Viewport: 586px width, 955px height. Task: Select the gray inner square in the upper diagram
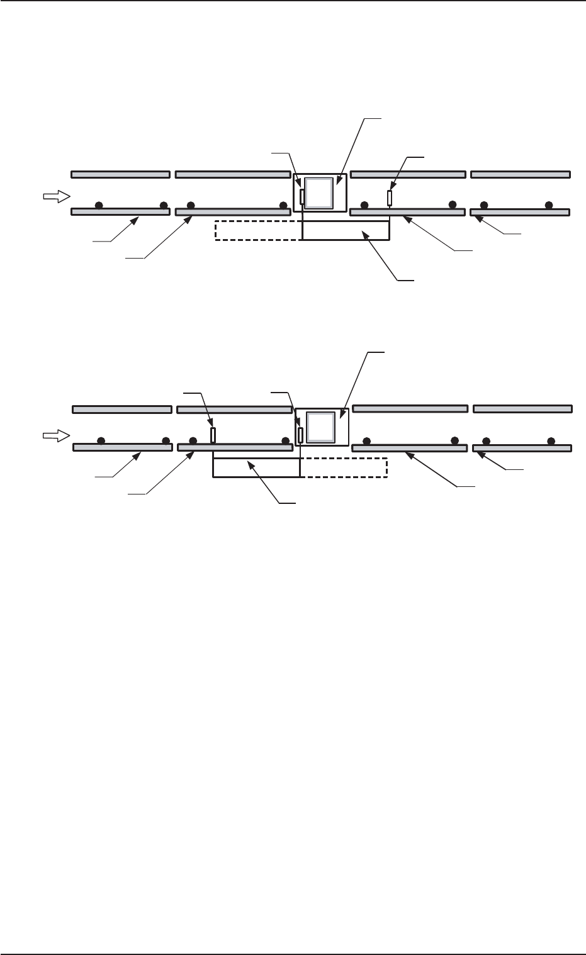coord(318,193)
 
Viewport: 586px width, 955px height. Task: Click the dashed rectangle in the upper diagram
coord(258,231)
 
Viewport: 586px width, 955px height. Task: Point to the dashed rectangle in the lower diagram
coord(343,467)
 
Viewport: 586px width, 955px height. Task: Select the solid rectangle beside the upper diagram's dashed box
coord(346,231)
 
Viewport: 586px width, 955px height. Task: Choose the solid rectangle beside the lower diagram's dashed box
coord(256,467)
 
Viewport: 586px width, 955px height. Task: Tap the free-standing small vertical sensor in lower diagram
coord(213,435)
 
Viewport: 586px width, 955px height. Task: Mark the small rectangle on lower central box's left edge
coord(301,435)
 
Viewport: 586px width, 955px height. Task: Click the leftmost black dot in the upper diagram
coord(98,205)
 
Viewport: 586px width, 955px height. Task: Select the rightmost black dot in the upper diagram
coord(548,205)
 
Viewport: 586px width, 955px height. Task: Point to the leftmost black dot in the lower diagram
coord(101,440)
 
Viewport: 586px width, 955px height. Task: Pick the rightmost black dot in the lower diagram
coord(551,440)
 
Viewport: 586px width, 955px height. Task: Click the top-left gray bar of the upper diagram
coord(120,174)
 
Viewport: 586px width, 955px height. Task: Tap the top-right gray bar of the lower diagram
coord(522,409)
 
